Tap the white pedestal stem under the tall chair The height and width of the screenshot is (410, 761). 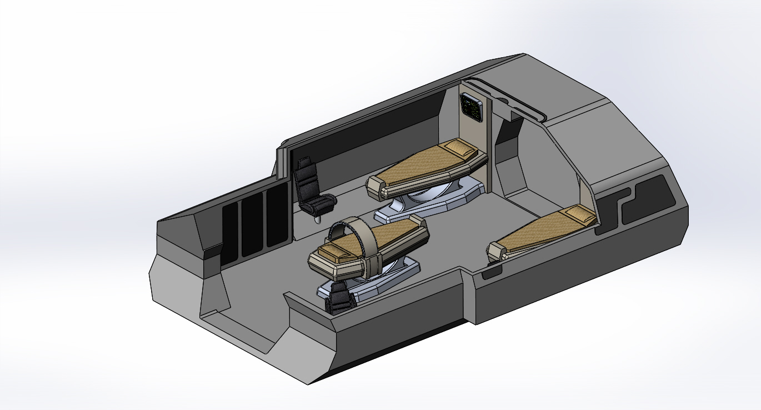pos(317,219)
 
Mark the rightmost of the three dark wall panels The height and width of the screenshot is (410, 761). pos(274,218)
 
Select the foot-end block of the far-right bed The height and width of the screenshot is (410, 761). pos(495,252)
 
